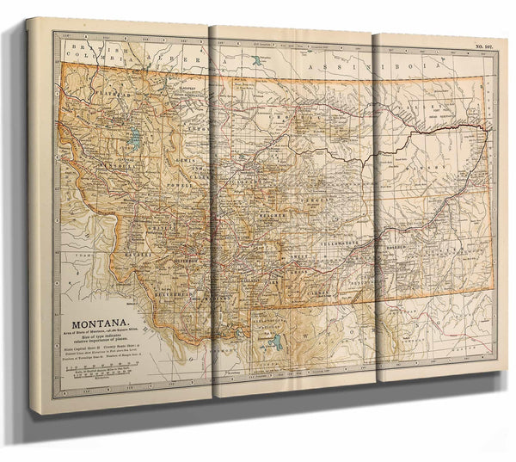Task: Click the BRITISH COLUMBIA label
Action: (95, 50)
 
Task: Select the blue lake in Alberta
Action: (255, 61)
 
